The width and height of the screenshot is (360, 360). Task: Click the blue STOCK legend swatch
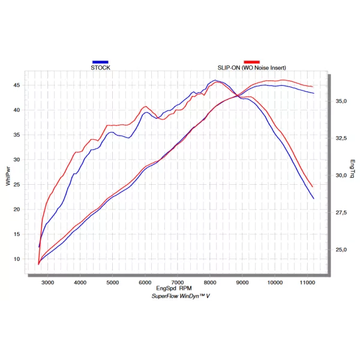100,62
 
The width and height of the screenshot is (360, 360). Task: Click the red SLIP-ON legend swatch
251,62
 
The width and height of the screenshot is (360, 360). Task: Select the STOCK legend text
100,68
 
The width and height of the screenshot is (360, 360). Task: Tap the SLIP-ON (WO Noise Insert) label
251,68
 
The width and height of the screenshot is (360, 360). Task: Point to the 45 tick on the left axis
17,85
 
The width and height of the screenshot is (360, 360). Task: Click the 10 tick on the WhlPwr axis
17,259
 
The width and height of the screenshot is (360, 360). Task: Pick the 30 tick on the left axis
17,160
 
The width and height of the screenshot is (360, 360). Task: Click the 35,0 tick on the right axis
341,101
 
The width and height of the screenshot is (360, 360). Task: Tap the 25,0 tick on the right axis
341,250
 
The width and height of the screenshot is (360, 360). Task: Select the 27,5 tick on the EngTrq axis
341,212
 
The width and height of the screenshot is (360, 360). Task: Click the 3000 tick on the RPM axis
47,283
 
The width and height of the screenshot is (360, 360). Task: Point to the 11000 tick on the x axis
307,283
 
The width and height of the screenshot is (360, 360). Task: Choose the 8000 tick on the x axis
210,283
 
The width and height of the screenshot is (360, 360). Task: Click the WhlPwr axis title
8,176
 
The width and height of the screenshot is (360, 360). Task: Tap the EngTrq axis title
352,169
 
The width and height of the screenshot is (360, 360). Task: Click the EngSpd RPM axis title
174,289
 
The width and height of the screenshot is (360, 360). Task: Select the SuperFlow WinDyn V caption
181,296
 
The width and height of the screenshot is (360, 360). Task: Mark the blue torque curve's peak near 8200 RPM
215,80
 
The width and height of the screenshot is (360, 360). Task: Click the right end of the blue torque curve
314,199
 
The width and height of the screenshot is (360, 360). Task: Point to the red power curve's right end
313,87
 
